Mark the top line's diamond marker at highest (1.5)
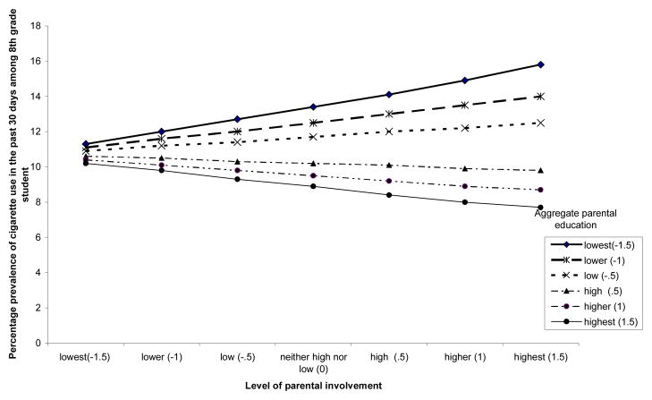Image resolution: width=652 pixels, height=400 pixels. point(540,64)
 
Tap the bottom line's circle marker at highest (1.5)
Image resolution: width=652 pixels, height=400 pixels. point(540,207)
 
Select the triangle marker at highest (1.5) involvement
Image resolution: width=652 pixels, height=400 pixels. point(540,170)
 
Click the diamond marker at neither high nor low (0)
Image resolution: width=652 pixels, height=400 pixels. point(311,106)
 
